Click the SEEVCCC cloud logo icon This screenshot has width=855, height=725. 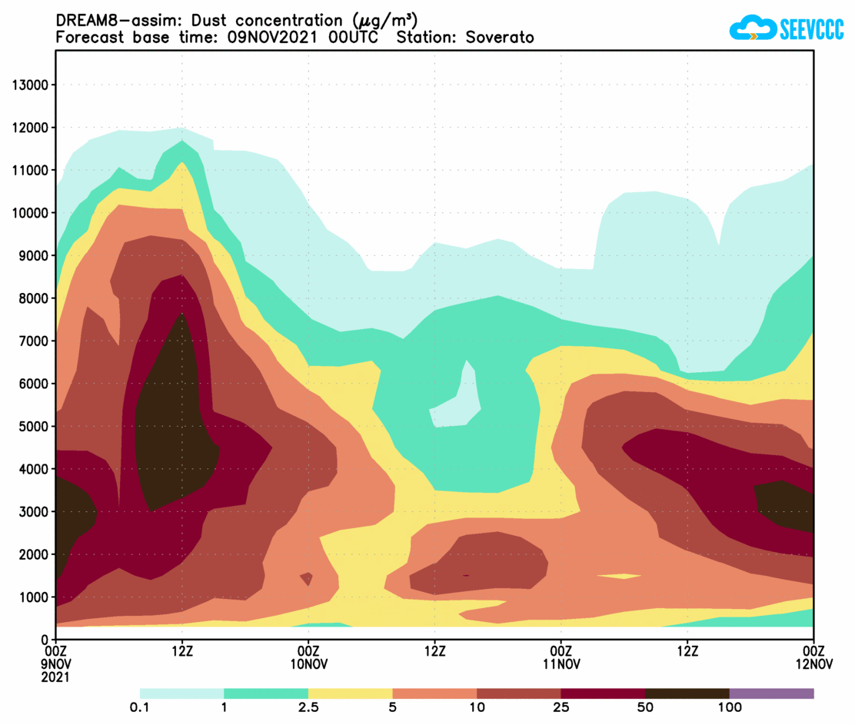751,28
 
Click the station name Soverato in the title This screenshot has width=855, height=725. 499,37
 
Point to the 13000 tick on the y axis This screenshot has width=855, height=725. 31,85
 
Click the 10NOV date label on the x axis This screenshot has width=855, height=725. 308,664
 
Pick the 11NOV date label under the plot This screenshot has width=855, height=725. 561,664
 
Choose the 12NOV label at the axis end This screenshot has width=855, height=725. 813,664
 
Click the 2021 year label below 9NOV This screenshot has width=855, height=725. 56,677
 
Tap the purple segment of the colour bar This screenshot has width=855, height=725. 771,693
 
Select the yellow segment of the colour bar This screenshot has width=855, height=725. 350,693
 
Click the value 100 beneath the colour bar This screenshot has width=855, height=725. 730,708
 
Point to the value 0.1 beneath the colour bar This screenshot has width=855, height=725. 140,708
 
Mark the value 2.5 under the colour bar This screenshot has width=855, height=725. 308,708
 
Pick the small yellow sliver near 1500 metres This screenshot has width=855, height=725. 620,576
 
